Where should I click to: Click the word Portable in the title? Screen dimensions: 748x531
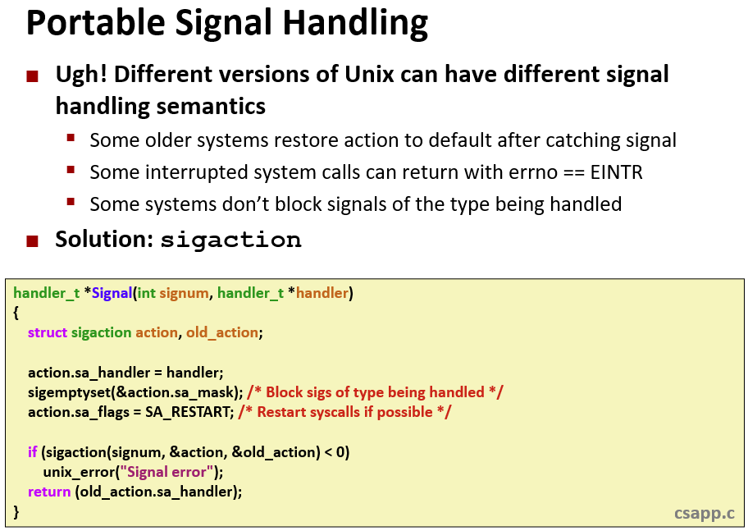95,22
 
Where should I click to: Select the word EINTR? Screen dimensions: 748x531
616,172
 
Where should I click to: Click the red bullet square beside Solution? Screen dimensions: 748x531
33,240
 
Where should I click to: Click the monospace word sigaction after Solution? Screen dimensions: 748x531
231,240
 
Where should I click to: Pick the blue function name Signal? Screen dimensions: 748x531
112,293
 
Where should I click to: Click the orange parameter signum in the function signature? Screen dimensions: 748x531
184,293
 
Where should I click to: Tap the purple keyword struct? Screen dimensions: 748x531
48,332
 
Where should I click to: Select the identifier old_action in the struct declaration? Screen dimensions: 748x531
221,332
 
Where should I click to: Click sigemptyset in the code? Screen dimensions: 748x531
70,392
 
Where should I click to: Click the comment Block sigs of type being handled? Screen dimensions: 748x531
375,392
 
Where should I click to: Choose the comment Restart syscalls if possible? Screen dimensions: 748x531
344,412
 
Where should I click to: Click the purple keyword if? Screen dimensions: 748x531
33,451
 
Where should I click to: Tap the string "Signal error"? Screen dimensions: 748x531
166,472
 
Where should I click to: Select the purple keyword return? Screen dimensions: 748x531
49,492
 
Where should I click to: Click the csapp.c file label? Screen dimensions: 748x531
704,513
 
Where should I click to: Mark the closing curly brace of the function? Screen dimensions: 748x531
16,512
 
